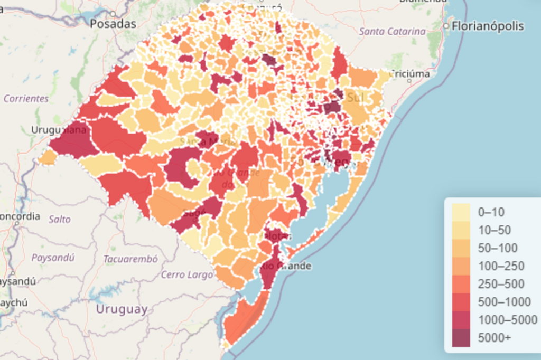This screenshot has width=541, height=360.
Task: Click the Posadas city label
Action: pos(113,24)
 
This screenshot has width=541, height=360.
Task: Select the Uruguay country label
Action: pos(122,309)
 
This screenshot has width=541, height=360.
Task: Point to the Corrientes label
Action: pos(26,99)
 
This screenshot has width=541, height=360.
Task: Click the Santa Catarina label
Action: pos(392,32)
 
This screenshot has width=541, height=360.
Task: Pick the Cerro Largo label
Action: pos(180,274)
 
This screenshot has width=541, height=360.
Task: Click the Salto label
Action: pos(59,219)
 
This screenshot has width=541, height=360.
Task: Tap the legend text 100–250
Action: pos(498,266)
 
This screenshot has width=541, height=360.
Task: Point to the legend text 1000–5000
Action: pos(507,320)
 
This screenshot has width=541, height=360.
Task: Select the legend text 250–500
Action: pos(501,284)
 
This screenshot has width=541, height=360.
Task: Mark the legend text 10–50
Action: pos(494,230)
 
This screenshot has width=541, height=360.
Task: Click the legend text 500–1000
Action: pos(504,302)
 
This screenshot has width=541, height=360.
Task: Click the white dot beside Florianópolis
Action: pos(447,26)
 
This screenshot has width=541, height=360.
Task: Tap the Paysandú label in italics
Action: pos(53,258)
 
